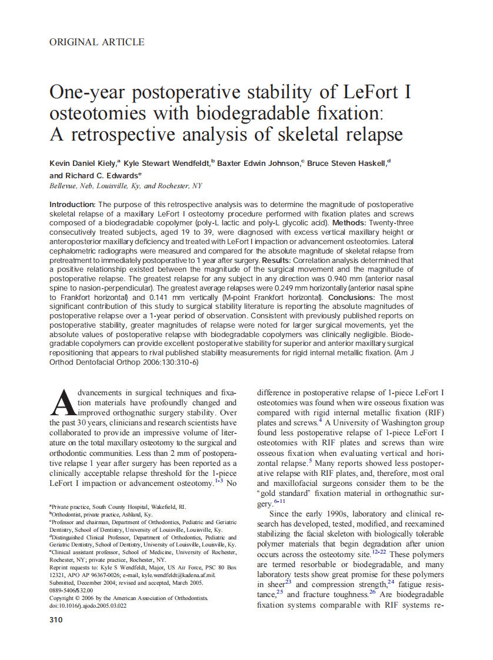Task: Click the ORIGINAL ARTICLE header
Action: (97, 42)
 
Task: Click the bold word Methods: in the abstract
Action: (352, 224)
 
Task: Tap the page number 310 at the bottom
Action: (57, 619)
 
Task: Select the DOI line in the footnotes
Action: (88, 605)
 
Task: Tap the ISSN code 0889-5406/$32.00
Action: (71, 590)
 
